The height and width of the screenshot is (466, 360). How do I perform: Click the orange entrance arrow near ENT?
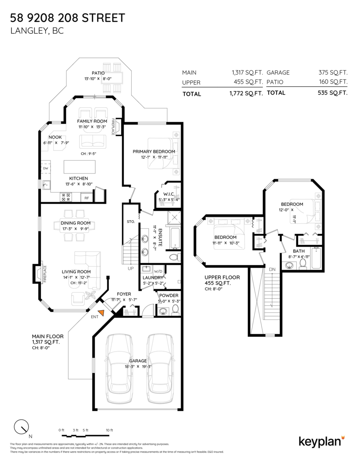103,313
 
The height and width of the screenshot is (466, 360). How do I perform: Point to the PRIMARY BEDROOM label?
154,151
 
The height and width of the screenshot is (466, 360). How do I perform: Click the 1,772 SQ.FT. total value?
247,94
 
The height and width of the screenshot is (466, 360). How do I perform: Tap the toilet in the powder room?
175,309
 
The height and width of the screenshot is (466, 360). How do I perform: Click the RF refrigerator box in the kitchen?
87,198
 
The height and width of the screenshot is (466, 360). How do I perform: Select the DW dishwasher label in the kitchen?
45,169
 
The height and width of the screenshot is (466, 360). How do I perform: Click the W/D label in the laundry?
158,271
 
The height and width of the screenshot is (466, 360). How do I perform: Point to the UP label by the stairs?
131,268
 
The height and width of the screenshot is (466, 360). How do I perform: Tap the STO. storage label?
130,221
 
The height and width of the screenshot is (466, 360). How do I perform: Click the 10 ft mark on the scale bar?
109,430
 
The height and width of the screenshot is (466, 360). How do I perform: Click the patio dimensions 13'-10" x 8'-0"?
98,79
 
